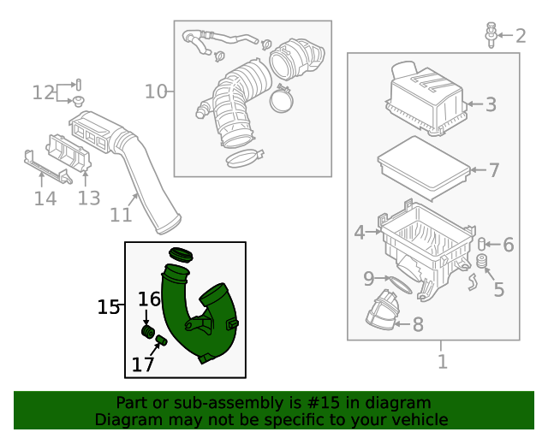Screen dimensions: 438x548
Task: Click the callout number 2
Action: [x=520, y=35]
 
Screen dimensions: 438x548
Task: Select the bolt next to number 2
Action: [x=491, y=33]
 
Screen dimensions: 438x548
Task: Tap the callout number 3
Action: [x=491, y=105]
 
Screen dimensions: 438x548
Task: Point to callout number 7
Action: [x=493, y=169]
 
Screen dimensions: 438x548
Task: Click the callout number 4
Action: [x=360, y=231]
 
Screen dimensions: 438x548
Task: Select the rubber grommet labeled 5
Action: [x=481, y=261]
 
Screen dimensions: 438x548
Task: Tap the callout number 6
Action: [x=508, y=246]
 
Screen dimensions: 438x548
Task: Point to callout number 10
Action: [x=156, y=91]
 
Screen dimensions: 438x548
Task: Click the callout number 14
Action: [x=45, y=198]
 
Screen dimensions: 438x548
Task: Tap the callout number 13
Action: [x=89, y=198]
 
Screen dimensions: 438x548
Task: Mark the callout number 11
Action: [x=122, y=216]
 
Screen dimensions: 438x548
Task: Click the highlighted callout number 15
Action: [x=109, y=306]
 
